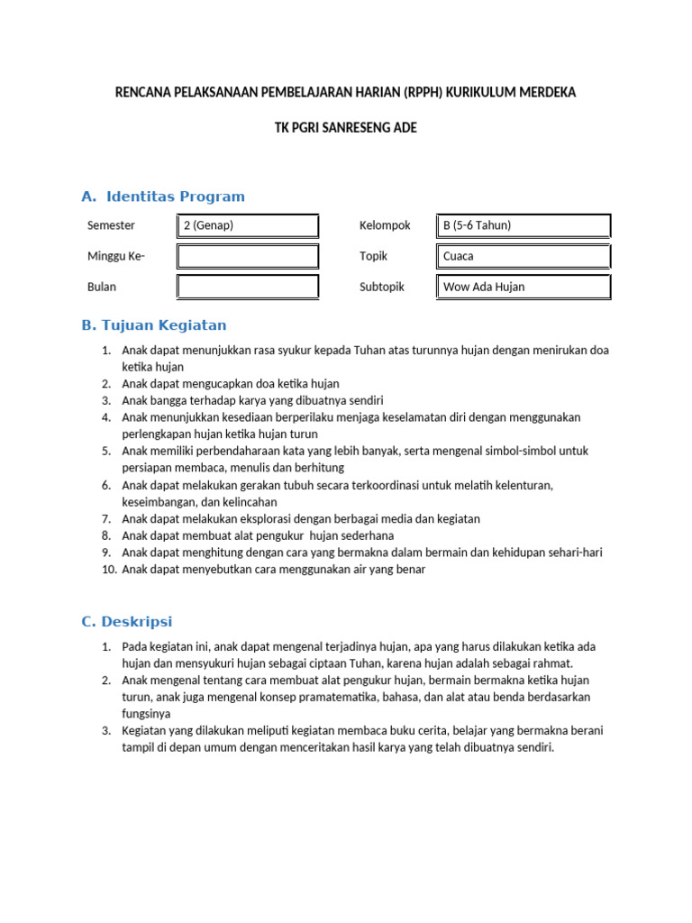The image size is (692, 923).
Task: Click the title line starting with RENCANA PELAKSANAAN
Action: (346, 93)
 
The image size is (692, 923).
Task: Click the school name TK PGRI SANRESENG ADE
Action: (346, 128)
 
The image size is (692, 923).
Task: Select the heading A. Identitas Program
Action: (163, 196)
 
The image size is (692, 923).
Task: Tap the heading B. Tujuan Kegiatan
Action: (154, 325)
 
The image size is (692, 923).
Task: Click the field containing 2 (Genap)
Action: (248, 226)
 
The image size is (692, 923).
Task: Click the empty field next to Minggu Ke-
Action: (248, 257)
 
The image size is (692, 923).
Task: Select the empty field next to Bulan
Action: (248, 288)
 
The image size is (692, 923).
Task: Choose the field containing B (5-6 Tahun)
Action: (524, 226)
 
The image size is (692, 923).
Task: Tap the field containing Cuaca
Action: (524, 257)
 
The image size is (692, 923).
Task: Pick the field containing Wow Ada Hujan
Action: (524, 288)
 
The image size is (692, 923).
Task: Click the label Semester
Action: (111, 225)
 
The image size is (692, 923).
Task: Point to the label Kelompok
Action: (385, 225)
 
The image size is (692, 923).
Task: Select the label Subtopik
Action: (382, 287)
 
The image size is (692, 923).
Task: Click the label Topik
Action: (373, 256)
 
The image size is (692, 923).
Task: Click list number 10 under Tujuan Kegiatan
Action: (107, 570)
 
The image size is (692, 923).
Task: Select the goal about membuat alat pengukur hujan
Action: (258, 535)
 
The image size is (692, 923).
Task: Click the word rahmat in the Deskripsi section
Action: (553, 663)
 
